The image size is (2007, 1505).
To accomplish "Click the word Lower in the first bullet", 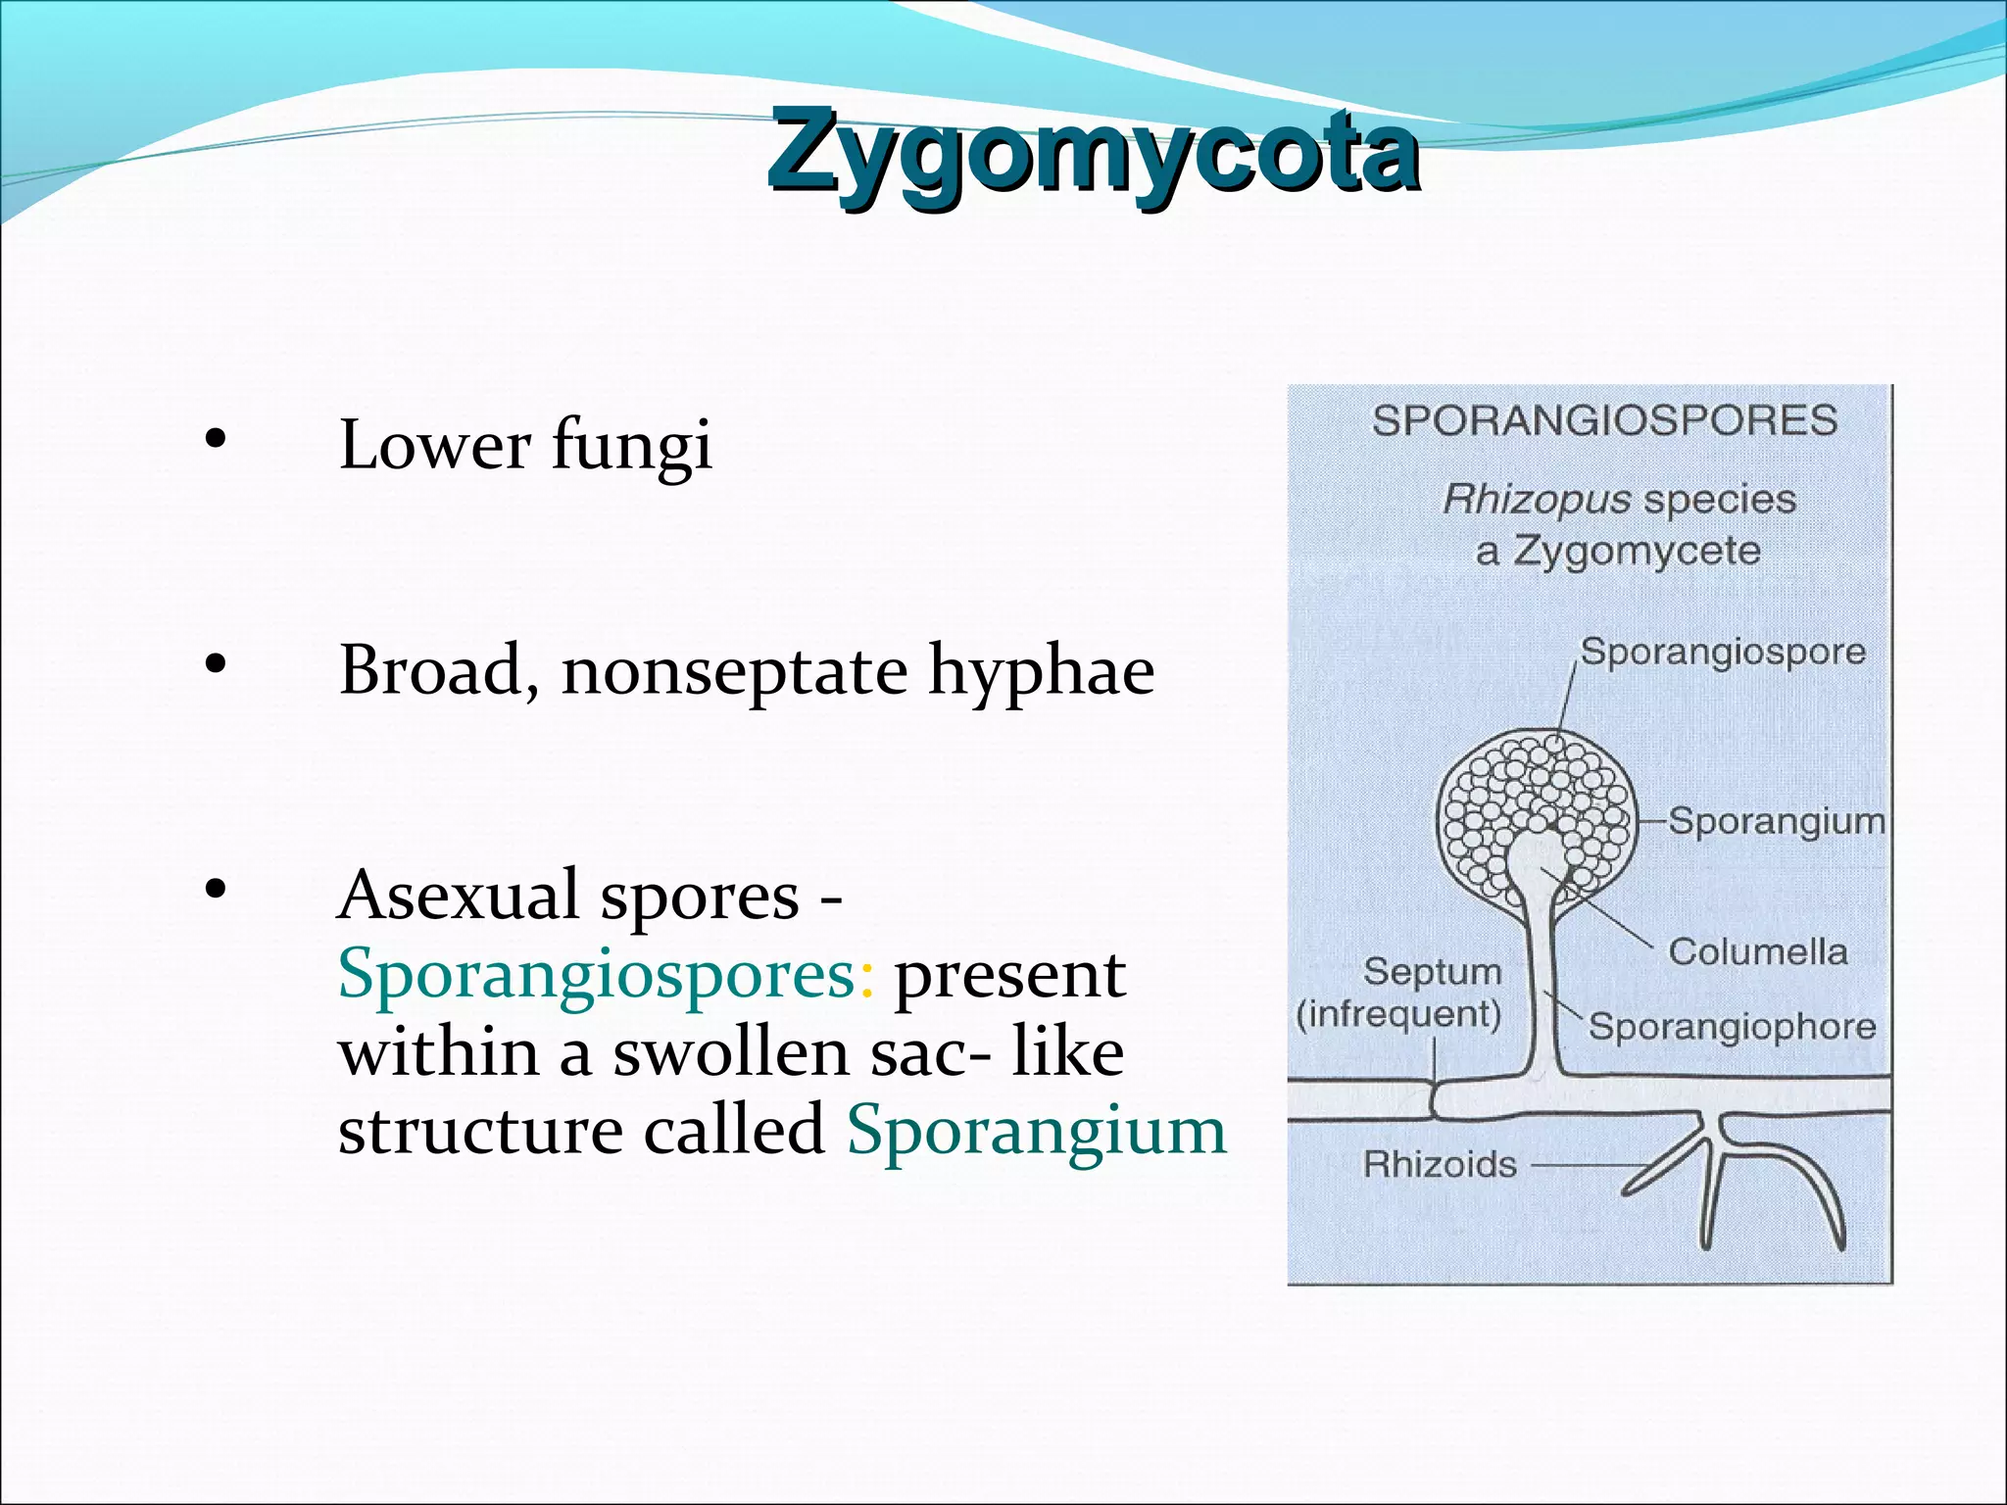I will [x=434, y=446].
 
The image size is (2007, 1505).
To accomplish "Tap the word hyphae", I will [x=1041, y=672].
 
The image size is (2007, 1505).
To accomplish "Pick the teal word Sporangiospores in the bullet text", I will [x=597, y=975].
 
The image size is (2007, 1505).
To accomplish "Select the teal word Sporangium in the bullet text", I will [x=1036, y=1130].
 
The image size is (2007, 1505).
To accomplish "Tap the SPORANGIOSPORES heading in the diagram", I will [x=1604, y=421].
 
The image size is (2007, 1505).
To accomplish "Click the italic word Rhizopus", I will [x=1536, y=501].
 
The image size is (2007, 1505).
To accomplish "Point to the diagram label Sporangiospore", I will [x=1723, y=652].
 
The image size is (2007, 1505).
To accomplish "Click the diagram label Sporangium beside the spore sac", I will [x=1776, y=821].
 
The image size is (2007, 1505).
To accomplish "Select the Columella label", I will [x=1757, y=951].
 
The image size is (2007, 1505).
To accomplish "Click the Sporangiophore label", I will [x=1732, y=1027].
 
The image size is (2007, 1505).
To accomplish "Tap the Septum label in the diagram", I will [x=1432, y=972].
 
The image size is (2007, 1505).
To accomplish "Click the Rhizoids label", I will [x=1440, y=1165].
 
